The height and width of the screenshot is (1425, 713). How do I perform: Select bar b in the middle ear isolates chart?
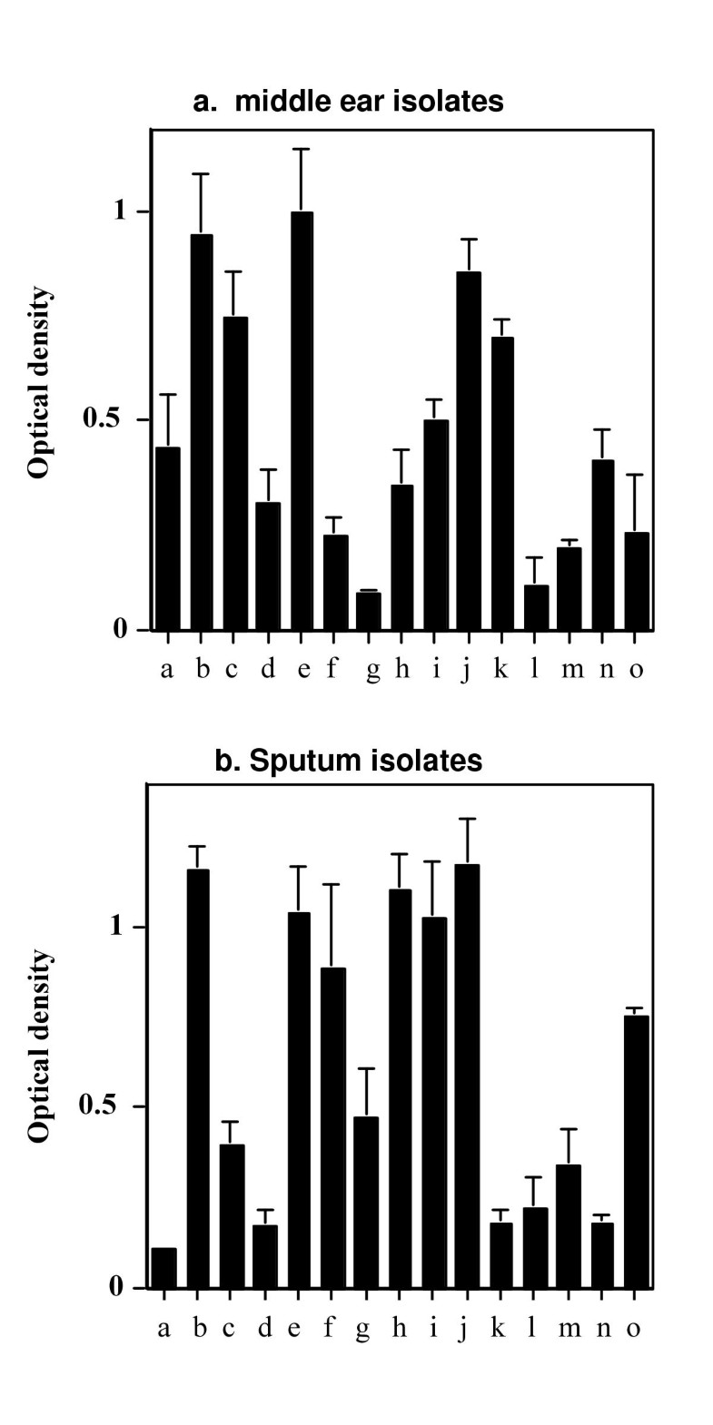(202, 432)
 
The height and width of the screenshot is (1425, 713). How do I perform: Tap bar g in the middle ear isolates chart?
(369, 611)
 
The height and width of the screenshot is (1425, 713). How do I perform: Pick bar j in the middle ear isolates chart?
(469, 450)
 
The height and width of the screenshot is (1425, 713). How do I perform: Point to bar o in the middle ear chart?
(637, 581)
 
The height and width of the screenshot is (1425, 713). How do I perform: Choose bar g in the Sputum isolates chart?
(366, 1202)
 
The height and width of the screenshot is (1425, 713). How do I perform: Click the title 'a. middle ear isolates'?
(349, 101)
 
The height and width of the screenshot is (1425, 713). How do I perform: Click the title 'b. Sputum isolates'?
(349, 760)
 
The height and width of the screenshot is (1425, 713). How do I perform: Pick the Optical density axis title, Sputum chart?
(39, 1044)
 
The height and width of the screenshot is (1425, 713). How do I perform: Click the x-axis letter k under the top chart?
(500, 670)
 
